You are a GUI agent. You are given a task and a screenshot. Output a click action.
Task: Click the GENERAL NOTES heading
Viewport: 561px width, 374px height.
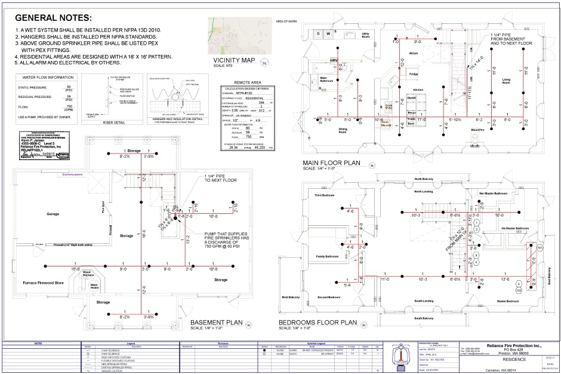54,18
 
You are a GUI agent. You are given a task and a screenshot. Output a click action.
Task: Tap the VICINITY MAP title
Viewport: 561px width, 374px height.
233,60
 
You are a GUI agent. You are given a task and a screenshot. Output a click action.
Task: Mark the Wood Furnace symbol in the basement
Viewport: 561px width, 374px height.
88,274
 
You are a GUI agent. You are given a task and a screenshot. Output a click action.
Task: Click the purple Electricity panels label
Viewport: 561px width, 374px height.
76,174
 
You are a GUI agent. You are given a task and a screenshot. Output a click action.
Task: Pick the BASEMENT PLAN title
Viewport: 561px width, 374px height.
217,323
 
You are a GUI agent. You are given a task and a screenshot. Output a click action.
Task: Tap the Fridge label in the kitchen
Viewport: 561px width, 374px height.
413,74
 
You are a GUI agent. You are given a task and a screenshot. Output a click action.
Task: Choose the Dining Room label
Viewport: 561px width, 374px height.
343,129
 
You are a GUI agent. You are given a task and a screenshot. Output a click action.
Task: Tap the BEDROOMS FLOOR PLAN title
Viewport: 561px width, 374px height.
318,323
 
